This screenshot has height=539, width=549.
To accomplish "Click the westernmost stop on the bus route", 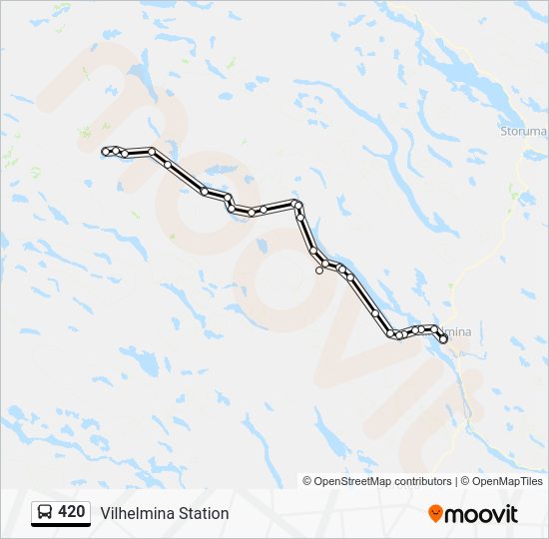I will click(106, 151).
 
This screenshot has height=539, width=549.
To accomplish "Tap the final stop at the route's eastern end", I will click(443, 339).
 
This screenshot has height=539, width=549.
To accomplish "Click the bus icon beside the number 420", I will click(45, 513).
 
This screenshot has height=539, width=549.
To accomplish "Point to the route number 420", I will click(72, 512).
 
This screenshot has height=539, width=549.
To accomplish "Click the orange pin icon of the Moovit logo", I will click(436, 514).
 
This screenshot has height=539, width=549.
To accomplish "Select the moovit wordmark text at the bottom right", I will click(482, 514).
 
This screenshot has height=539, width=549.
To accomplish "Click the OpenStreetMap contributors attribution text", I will click(383, 481).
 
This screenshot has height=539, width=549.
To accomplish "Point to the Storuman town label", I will click(523, 130).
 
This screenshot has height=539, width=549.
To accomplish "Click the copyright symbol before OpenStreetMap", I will click(307, 481).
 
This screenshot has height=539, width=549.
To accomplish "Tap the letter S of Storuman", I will click(503, 130).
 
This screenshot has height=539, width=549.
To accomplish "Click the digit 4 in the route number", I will click(63, 512).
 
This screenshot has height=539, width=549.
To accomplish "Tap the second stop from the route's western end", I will click(117, 151).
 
